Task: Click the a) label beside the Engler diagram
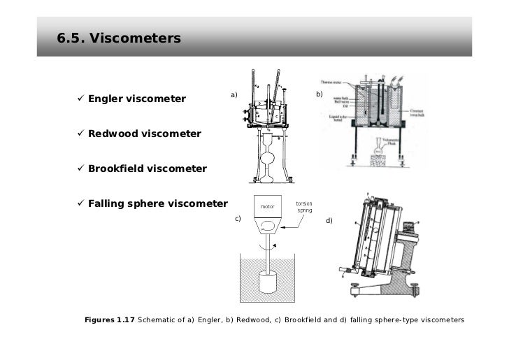(x=234, y=94)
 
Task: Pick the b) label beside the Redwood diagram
(x=320, y=94)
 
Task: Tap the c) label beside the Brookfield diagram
(x=238, y=219)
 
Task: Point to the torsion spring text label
(x=305, y=208)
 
